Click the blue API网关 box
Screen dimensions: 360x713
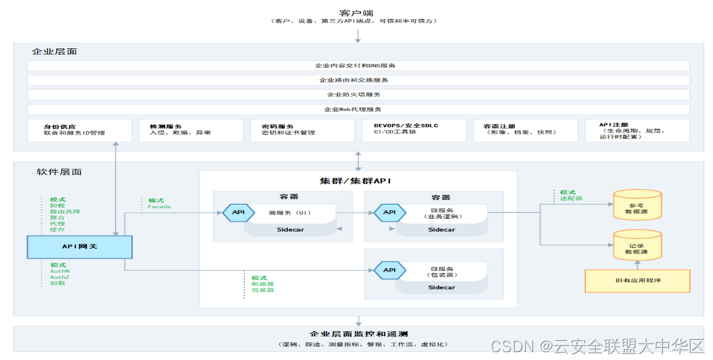[79, 246]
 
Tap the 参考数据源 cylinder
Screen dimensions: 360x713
[636, 206]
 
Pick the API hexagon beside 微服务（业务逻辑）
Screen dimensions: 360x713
[389, 212]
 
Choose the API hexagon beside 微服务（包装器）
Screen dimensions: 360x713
[389, 270]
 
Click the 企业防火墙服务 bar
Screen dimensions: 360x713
[358, 95]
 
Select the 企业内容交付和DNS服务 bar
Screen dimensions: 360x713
[358, 65]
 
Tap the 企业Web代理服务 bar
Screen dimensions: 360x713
[358, 109]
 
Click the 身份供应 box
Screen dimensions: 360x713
[79, 130]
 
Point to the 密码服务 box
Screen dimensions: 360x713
[302, 130]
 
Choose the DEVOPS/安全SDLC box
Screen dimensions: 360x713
[413, 130]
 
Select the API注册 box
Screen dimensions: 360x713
[636, 130]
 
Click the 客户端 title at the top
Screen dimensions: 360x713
[356, 12]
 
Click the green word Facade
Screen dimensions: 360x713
[159, 207]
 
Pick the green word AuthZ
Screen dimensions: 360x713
[60, 277]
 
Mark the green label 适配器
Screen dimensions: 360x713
[571, 198]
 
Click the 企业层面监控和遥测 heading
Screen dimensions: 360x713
[358, 334]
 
